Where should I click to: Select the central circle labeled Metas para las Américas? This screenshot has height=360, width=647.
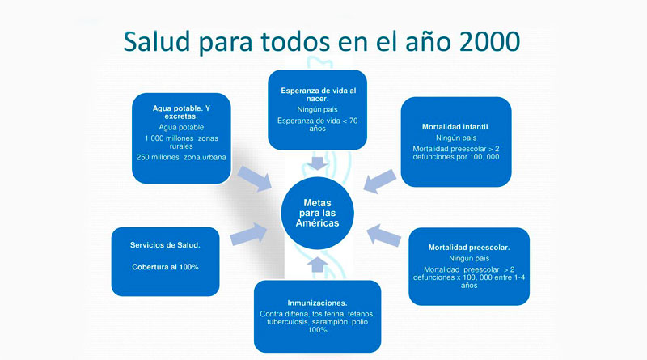(317, 213)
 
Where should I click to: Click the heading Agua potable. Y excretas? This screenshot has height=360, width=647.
(181, 112)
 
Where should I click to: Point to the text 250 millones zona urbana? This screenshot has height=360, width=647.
(181, 157)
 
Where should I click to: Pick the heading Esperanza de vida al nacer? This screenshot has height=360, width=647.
(318, 95)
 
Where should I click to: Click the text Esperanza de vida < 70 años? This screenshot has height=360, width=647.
(317, 125)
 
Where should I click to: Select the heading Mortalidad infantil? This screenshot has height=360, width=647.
(455, 127)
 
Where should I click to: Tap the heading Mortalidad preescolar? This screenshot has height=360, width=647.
(469, 248)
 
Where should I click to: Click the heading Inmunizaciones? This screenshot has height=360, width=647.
(317, 303)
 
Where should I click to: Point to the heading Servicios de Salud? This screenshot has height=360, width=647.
(165, 245)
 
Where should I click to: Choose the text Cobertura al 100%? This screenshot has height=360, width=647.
(165, 267)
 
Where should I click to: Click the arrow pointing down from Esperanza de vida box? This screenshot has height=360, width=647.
(317, 163)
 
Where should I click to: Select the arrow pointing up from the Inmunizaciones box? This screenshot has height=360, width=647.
(317, 265)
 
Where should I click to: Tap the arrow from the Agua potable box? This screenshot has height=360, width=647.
(255, 178)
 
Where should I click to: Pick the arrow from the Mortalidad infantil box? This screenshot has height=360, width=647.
(380, 181)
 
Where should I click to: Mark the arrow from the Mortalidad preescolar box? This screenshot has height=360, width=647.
(383, 235)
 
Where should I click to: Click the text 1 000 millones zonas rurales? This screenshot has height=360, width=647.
(181, 142)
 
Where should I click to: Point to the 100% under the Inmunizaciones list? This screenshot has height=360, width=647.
(317, 330)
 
